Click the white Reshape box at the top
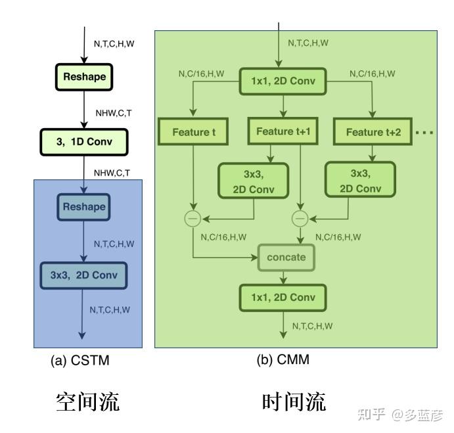coord(84,77)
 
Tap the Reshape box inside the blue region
coord(83,207)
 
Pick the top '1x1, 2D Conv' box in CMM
coord(283,82)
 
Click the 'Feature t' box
coord(193,132)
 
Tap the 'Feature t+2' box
coord(373,132)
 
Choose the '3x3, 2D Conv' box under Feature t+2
coord(359,181)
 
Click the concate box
coord(286,257)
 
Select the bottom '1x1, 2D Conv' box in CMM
coord(283,298)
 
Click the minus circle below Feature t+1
coord(300,218)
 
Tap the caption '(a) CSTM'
coord(80,361)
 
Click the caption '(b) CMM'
coord(283,360)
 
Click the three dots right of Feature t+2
coord(424,133)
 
